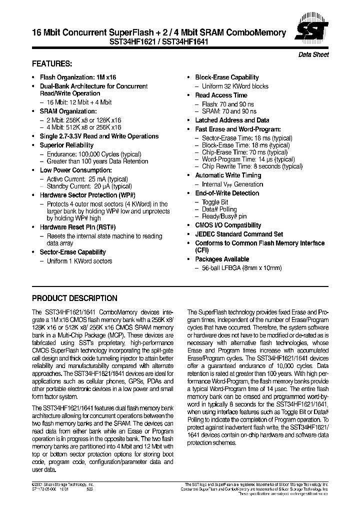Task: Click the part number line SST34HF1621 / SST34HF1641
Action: pos(159,43)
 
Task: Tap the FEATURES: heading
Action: pos(52,64)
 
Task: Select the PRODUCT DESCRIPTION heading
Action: pos(74,298)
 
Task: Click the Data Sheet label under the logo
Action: pos(313,54)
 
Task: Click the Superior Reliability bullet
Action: pos(66,145)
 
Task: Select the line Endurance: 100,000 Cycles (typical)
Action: pos(87,154)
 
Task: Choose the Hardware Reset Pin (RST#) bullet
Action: pos(77,227)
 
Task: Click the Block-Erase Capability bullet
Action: pos(227,77)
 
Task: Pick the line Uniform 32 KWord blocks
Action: pos(235,86)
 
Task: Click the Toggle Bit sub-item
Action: pos(215,201)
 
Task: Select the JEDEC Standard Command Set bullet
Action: pos(239,234)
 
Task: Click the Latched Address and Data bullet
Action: pos(232,120)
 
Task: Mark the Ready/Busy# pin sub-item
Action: pos(224,216)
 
